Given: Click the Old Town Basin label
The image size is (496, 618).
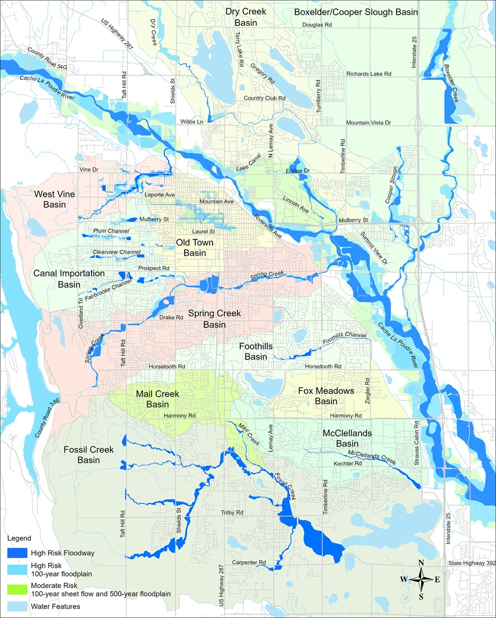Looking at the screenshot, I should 191,248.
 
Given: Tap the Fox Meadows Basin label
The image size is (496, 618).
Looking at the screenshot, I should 326,396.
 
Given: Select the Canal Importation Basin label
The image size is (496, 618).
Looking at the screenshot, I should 69,278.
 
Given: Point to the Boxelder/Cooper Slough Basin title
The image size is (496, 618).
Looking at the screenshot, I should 355,12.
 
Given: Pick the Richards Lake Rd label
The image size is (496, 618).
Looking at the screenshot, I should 368,73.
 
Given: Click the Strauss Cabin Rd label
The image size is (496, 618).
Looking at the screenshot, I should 417,439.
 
